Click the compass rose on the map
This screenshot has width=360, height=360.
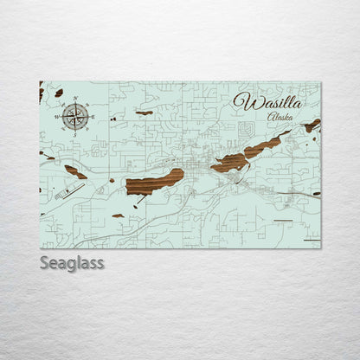[x=75, y=115]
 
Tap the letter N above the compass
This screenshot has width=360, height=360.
[x=75, y=99]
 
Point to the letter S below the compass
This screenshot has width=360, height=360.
[x=75, y=133]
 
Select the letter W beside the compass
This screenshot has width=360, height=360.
[x=58, y=116]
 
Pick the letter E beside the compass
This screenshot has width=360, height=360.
[x=93, y=116]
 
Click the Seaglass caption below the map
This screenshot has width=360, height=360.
[x=72, y=262]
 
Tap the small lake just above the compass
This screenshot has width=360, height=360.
[x=59, y=93]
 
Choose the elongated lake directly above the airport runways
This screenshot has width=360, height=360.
[x=75, y=172]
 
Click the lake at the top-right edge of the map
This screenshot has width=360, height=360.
[x=312, y=125]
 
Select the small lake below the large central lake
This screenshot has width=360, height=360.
[x=118, y=215]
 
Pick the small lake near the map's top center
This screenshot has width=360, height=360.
[x=145, y=112]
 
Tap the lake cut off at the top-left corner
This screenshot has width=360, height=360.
[x=41, y=93]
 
